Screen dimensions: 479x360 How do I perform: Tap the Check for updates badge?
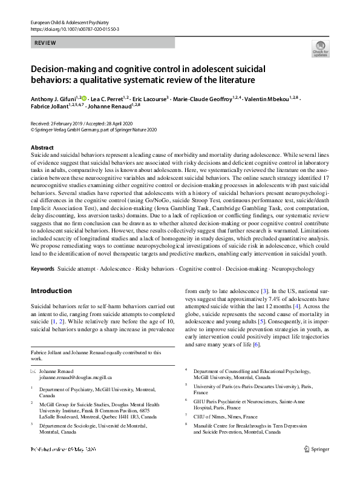click(320, 49)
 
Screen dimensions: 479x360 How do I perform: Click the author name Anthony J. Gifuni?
click(53, 97)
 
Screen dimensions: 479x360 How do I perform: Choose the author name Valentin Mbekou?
click(267, 97)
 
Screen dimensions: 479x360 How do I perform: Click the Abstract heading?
click(43, 148)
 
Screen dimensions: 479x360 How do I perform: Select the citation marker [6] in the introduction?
click(257, 345)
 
